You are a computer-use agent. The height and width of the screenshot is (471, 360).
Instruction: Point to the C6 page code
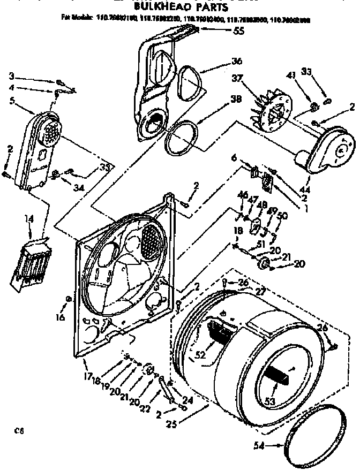click(19, 429)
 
